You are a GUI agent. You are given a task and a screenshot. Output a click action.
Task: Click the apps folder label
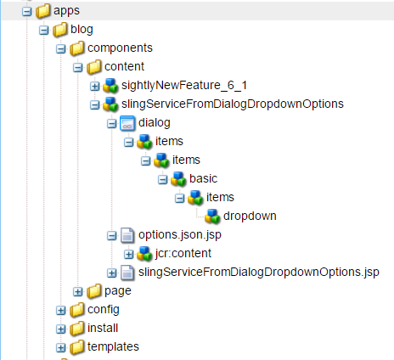[x=66, y=11]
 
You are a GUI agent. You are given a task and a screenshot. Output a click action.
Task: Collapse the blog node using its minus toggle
[x=43, y=31]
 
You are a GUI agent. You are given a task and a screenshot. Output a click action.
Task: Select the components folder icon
[x=77, y=48]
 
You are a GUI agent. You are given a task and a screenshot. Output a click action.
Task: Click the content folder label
[x=124, y=67]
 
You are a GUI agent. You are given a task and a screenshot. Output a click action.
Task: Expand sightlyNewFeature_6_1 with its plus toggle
[x=94, y=87]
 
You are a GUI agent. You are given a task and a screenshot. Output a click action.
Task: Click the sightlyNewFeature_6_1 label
[x=184, y=85]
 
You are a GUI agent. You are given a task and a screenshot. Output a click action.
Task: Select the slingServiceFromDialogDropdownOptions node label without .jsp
[x=233, y=104]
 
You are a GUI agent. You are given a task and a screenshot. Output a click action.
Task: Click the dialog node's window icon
[x=127, y=123]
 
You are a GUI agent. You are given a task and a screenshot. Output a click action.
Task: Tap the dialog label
[x=155, y=123]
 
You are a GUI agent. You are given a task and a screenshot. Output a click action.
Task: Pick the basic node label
[x=203, y=178]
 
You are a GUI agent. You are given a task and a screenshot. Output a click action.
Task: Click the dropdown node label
[x=250, y=216]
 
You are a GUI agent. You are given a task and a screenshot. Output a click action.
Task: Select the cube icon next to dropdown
[x=212, y=217]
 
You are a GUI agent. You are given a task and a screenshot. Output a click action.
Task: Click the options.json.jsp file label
[x=180, y=235]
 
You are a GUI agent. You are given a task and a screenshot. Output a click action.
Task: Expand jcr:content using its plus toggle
[x=128, y=255]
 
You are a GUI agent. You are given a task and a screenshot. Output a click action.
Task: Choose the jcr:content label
[x=183, y=254]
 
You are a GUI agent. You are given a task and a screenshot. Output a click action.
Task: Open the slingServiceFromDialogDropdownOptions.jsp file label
[x=259, y=273]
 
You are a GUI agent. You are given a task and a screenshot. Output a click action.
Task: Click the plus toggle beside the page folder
[x=77, y=292]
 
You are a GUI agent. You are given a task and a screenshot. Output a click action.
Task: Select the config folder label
[x=104, y=310]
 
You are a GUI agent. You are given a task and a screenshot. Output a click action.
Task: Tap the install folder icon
[x=77, y=329]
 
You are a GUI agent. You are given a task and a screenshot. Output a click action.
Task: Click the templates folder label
[x=113, y=347]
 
